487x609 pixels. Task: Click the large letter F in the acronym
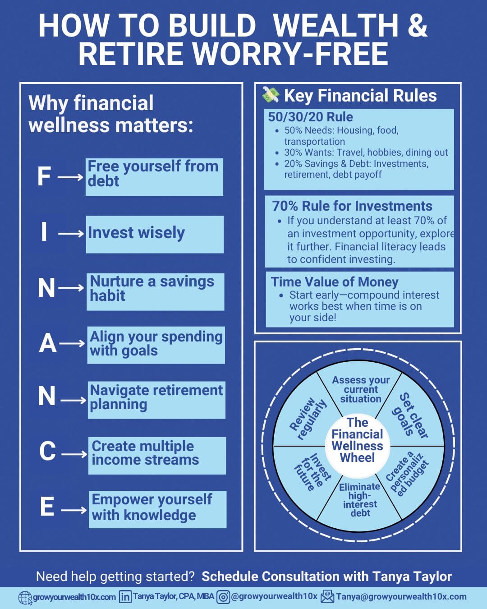(44, 176)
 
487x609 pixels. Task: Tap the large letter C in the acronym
(47, 451)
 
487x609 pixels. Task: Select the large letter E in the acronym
(47, 506)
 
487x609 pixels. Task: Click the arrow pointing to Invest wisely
(71, 234)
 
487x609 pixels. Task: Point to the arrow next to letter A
(72, 343)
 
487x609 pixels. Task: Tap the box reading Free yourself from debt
(154, 177)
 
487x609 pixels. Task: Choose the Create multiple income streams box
(157, 456)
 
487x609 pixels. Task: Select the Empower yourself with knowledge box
(158, 509)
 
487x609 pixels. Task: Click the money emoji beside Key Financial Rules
(271, 95)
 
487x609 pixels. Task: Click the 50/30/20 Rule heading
(310, 117)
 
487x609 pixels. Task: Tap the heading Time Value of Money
(335, 282)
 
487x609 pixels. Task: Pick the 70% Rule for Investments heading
(352, 206)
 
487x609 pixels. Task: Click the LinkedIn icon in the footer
(125, 596)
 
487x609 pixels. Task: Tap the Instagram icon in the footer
(223, 597)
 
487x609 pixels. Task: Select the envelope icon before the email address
(327, 596)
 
